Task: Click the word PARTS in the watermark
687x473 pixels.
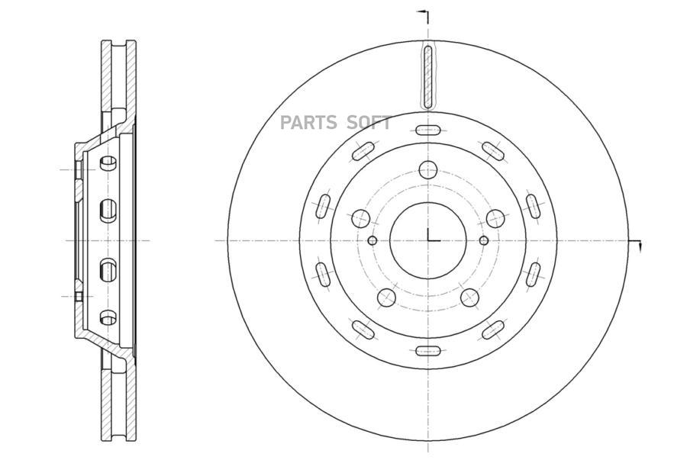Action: click(308, 123)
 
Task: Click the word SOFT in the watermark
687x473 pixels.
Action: click(369, 123)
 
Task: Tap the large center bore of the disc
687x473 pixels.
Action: click(428, 240)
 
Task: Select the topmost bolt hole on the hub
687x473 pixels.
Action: click(428, 169)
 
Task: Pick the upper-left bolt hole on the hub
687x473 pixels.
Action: click(360, 218)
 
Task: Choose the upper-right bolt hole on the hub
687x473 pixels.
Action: click(495, 218)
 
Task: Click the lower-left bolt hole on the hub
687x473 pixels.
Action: click(386, 298)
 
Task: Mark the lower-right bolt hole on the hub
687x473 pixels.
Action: click(469, 298)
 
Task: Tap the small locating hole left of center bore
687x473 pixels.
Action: click(373, 240)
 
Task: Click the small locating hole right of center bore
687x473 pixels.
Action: click(484, 240)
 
